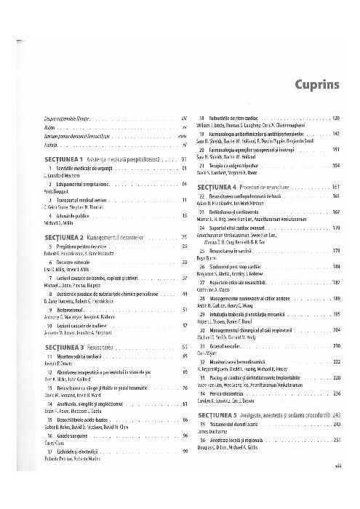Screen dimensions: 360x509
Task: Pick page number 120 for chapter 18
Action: tap(336, 118)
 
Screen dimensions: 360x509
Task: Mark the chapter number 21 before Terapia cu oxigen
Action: tap(201, 166)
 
